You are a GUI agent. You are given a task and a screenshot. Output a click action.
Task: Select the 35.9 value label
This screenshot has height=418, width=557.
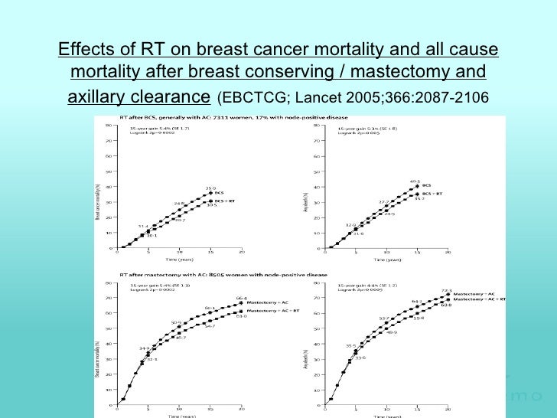coord(209,188)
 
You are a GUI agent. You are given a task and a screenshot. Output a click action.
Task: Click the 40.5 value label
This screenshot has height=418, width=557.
coord(415,181)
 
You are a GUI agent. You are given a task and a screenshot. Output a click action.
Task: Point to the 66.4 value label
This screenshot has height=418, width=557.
coord(240,298)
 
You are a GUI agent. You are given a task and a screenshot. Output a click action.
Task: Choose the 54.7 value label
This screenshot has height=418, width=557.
coord(210,327)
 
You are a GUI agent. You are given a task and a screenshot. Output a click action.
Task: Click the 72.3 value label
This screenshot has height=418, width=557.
coord(448,290)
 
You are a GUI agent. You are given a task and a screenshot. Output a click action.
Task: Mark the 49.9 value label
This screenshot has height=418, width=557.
coord(391,332)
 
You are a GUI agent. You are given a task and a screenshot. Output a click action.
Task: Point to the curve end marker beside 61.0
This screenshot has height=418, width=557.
coord(240,312)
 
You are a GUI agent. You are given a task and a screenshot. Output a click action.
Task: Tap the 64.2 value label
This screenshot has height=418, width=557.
coord(417,302)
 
